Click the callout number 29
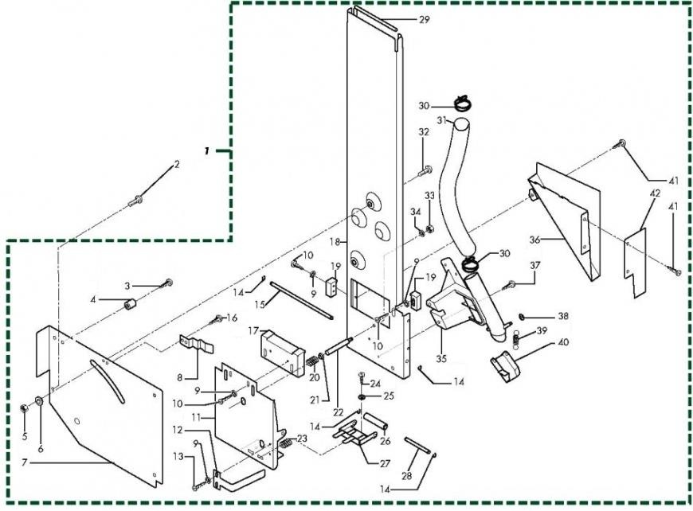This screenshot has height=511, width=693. click(424, 20)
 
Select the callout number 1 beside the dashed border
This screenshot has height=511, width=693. click(207, 151)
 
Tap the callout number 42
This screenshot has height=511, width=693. click(655, 193)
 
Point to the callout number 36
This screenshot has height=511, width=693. click(535, 240)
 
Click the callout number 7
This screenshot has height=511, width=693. click(25, 462)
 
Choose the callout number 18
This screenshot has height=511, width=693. click(335, 242)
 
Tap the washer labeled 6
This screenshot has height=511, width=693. click(39, 401)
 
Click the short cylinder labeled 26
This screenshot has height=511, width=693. click(376, 419)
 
